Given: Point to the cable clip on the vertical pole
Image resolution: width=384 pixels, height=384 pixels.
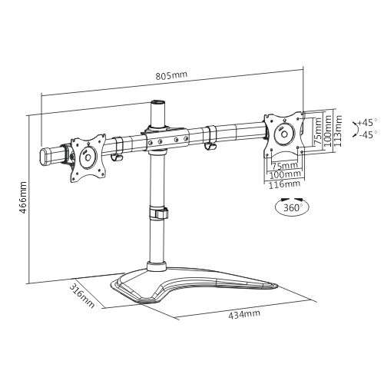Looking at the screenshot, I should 158,213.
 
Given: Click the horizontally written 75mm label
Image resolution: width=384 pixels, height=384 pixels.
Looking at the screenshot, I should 284,165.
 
